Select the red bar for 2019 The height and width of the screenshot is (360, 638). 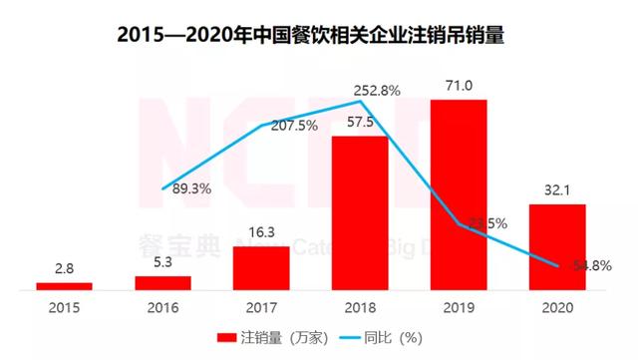click(x=459, y=194)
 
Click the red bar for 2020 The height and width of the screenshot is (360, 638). click(x=557, y=246)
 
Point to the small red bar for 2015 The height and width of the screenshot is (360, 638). click(x=64, y=286)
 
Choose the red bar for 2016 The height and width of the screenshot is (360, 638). click(x=162, y=283)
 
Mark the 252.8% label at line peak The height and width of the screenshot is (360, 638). click(x=378, y=90)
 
